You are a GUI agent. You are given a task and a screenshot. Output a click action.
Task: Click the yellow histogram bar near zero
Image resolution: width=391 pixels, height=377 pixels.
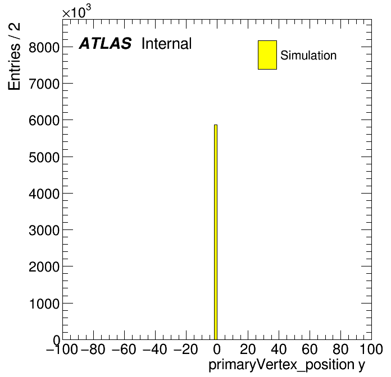coord(216,232)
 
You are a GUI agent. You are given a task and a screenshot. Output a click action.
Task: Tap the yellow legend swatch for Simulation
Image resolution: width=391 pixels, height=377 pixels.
coord(267,55)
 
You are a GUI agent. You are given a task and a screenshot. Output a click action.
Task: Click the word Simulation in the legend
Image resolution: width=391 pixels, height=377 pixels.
coord(308,56)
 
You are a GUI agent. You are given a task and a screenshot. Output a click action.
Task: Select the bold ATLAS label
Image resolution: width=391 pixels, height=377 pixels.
coord(105,43)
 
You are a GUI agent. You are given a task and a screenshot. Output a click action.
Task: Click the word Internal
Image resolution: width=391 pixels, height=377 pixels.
coord(167,44)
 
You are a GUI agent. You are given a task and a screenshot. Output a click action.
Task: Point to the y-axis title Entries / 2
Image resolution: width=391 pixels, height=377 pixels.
coord(14,56)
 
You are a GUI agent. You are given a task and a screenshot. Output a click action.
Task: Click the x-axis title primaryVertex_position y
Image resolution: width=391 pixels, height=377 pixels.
coord(287,365)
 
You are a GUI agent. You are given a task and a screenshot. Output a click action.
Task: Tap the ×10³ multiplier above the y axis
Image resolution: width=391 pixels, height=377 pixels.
coord(76,12)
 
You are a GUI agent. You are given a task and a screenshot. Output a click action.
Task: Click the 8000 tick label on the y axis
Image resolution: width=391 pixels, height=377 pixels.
coord(44,47)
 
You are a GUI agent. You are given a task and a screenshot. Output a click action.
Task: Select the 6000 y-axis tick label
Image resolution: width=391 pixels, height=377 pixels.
coord(44,121)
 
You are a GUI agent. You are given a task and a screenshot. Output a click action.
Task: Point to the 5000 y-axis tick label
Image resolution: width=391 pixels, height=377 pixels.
coord(44,158)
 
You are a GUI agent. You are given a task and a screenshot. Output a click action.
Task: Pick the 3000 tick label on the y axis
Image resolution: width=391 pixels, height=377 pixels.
coord(44,231)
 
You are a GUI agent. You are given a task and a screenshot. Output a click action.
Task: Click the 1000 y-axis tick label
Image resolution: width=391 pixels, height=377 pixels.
coord(44,304)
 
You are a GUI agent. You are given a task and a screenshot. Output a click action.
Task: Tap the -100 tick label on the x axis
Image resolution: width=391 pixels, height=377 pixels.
coord(62,349)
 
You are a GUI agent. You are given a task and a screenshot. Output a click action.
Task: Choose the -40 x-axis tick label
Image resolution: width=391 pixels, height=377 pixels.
coord(155,349)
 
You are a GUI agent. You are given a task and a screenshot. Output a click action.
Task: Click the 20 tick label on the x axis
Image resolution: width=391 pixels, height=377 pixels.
coord(248,349)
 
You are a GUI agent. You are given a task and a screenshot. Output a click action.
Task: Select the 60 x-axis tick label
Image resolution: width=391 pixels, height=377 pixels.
coord(310,349)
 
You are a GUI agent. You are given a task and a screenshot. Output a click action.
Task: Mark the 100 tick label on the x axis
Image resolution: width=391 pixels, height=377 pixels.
coord(371,349)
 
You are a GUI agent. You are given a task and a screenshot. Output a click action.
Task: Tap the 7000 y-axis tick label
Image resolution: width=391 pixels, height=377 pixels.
coord(44,84)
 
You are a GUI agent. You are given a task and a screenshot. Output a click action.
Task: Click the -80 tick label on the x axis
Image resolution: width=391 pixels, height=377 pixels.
coord(93,349)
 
